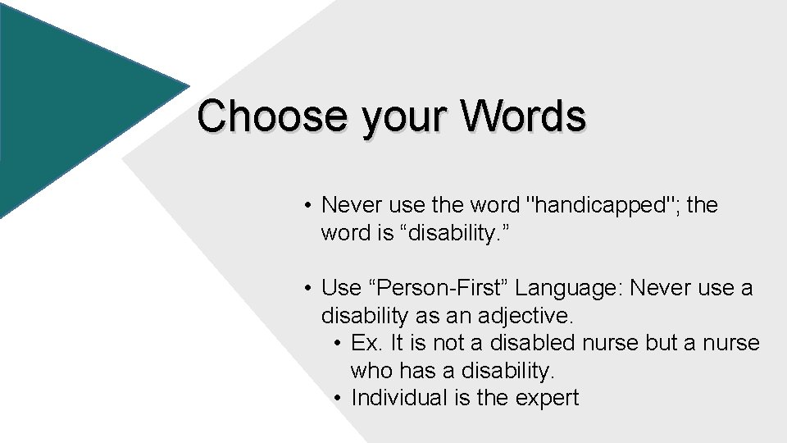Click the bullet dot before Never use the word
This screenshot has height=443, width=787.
pos(305,205)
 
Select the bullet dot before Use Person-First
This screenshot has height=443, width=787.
pos(305,288)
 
